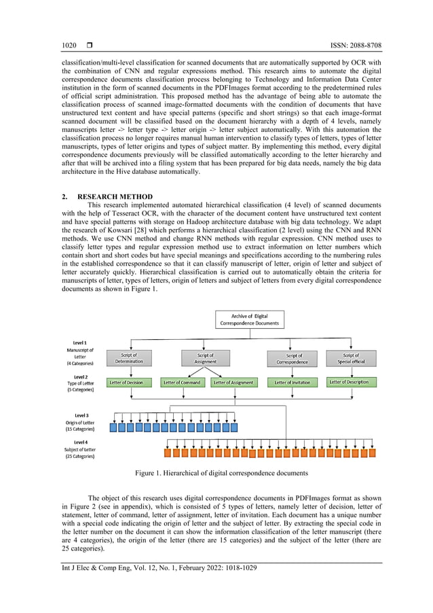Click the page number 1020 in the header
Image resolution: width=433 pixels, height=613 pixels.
pyautogui.click(x=69, y=46)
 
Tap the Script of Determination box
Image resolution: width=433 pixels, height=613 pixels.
pyautogui.click(x=129, y=358)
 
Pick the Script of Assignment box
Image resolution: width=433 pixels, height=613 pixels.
pyautogui.click(x=205, y=358)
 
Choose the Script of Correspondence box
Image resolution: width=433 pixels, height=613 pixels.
pyautogui.click(x=294, y=358)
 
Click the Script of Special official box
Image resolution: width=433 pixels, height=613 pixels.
pyautogui.click(x=351, y=358)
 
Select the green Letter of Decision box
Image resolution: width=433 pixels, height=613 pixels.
pyautogui.click(x=126, y=383)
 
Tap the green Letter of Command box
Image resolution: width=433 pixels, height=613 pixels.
pyautogui.click(x=181, y=383)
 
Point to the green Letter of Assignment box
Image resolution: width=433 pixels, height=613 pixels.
pyautogui.click(x=233, y=383)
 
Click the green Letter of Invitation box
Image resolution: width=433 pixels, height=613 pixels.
pyautogui.click(x=293, y=383)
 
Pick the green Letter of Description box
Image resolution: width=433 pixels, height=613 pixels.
pyautogui.click(x=350, y=382)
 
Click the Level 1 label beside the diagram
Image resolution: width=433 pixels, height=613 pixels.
pyautogui.click(x=80, y=343)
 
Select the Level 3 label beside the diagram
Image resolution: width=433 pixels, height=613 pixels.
pyautogui.click(x=80, y=415)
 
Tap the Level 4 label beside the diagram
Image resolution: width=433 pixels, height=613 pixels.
pyautogui.click(x=80, y=442)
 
